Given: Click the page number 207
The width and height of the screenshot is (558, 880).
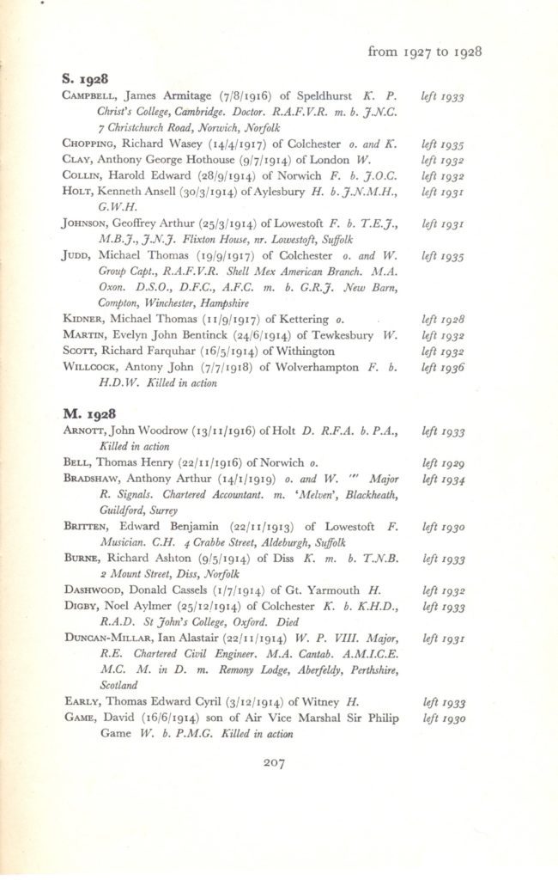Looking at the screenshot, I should tap(275, 761).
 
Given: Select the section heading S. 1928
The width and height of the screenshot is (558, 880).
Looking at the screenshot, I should tap(87, 81).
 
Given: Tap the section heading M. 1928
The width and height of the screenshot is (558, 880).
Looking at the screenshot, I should tap(88, 414).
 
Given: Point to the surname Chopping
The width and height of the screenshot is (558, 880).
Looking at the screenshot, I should tap(91, 144).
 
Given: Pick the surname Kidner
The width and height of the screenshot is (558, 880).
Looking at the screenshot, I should tap(85, 319).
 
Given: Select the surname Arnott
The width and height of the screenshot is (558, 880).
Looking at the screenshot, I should tap(87, 432).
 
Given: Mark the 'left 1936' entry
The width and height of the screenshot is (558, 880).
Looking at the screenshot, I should tap(443, 367).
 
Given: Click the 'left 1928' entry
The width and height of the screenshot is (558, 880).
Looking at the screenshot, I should tap(443, 319).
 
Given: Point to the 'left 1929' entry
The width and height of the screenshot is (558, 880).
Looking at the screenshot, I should tap(443, 462).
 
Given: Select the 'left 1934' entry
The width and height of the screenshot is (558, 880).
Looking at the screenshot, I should tap(443, 479).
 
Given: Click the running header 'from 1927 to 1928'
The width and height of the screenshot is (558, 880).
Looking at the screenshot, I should tap(424, 52).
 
